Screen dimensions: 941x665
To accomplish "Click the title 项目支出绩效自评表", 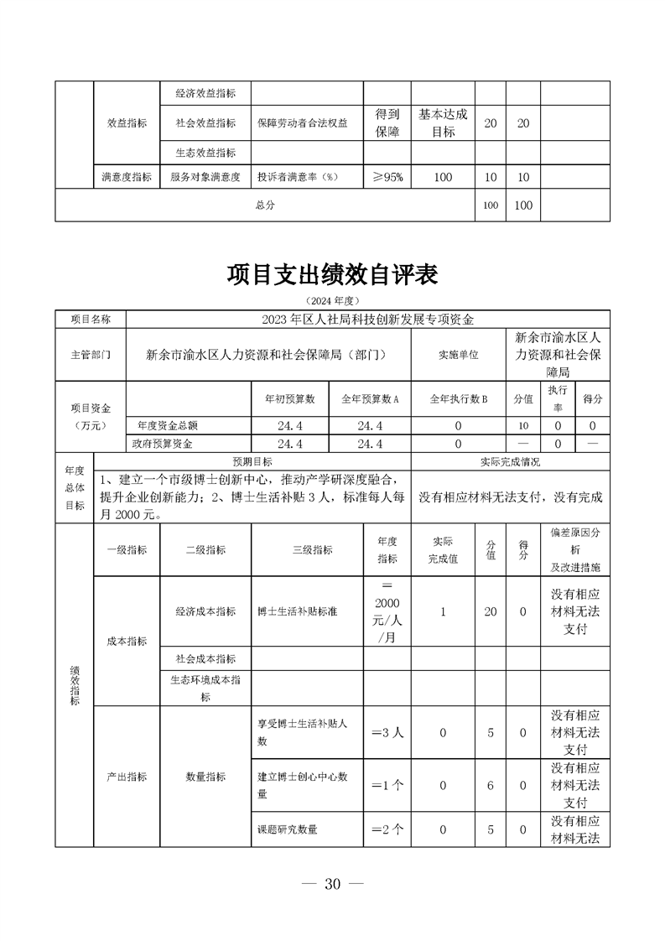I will click(x=332, y=275).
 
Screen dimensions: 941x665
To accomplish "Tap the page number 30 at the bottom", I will click(x=332, y=884).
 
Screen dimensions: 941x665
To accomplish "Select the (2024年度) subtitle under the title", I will click(x=332, y=299).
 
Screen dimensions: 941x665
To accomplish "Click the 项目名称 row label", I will click(x=90, y=319).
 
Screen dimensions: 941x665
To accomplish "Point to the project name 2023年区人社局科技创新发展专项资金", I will click(x=367, y=319).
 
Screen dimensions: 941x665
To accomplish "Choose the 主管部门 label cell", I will click(x=90, y=355).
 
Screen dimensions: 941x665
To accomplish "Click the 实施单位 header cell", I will click(x=459, y=355).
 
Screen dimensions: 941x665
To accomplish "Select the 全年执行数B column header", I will click(x=459, y=399).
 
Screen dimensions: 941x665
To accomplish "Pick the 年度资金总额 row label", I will click(x=168, y=425).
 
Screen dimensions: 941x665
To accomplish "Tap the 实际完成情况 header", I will click(x=511, y=461).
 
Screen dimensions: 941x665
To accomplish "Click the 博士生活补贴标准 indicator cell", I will click(x=298, y=611).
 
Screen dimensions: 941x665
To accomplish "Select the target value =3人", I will click(x=387, y=732).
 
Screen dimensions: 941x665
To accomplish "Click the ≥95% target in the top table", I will click(x=387, y=177).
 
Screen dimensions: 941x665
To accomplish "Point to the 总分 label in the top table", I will click(x=265, y=205).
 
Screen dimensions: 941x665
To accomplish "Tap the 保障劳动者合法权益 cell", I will click(x=303, y=122).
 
